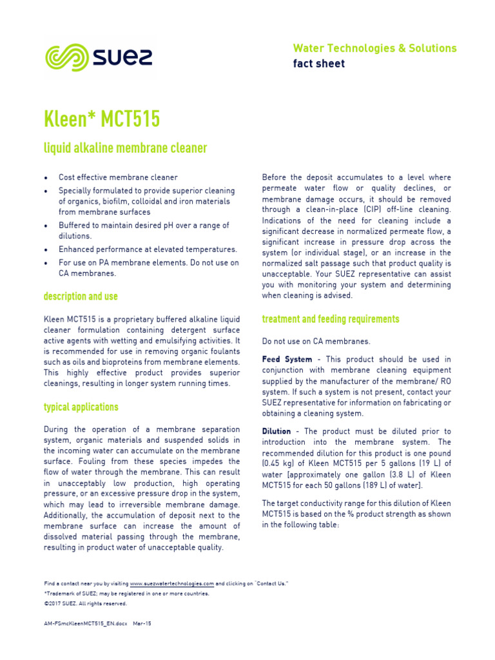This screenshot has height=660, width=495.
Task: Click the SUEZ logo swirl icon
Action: click(65, 57)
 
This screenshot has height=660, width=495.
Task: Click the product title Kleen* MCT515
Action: click(102, 119)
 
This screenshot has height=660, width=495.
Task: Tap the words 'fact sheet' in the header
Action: click(318, 63)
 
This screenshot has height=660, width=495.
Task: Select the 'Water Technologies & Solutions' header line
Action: click(374, 48)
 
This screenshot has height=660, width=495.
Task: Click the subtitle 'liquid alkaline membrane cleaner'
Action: click(125, 148)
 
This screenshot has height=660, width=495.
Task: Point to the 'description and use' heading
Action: click(81, 296)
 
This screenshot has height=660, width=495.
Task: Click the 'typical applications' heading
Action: click(81, 407)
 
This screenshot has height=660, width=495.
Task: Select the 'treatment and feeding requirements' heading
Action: click(330, 319)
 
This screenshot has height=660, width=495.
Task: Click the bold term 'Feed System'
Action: click(287, 359)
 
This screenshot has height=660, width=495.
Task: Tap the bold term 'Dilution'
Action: click(276, 431)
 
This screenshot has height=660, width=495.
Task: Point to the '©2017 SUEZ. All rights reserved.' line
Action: click(85, 604)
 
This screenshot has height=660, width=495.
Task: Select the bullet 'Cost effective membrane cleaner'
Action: click(118, 177)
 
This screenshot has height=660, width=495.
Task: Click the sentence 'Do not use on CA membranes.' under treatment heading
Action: click(316, 341)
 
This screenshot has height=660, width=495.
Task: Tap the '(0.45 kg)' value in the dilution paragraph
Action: click(280, 463)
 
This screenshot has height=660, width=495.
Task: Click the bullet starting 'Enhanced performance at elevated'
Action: click(148, 249)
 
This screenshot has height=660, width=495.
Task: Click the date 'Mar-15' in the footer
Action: click(142, 624)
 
